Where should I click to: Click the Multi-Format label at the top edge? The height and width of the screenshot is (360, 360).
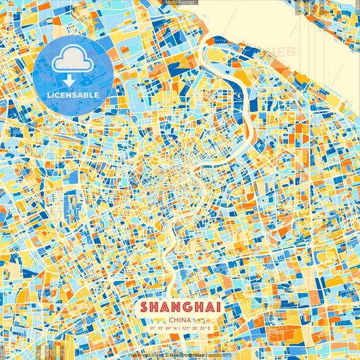pos(180,3)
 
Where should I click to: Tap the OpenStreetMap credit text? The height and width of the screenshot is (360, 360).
pos(186,355)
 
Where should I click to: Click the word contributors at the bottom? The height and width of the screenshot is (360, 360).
pos(217,355)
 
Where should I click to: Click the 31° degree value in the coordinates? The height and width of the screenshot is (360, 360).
pos(153,328)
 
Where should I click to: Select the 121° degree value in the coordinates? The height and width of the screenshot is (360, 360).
pos(186,328)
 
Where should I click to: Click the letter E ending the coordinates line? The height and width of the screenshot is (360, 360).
pos(209,328)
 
